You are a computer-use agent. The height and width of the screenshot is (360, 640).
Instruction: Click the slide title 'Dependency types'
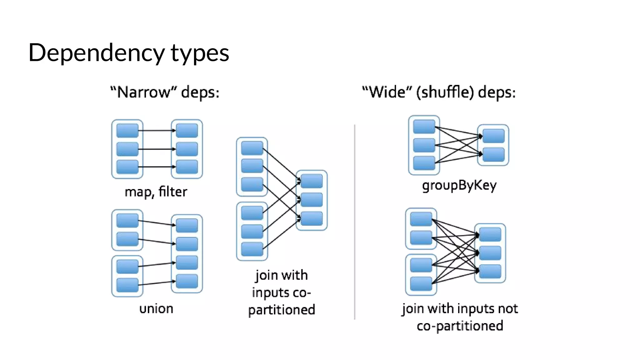pos(128,52)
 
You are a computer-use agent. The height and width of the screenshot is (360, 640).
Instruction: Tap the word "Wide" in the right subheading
pos(387,92)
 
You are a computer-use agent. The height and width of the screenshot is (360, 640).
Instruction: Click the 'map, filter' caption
pos(156,192)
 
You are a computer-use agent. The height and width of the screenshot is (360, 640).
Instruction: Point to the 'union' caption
pos(156,309)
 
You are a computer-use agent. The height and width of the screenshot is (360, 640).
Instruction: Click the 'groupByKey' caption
pos(459,185)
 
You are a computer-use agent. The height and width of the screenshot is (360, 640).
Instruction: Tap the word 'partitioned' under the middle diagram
pos(282,310)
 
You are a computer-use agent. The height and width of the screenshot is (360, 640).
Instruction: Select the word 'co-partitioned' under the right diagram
pos(460,326)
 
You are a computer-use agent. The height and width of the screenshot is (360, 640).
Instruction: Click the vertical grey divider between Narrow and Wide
pos(355,222)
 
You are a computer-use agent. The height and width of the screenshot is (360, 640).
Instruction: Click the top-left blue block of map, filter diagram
pos(127,130)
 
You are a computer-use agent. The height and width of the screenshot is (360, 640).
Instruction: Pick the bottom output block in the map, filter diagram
pos(187,167)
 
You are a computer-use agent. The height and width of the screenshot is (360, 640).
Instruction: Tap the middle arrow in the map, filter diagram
pos(155,149)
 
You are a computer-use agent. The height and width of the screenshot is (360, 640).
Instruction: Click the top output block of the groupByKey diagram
pos(493,136)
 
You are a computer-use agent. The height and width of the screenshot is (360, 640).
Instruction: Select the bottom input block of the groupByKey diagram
pos(424,163)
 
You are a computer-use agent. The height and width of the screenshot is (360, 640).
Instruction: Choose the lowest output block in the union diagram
pos(187,281)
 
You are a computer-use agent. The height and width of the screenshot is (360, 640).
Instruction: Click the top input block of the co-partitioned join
pos(252,148)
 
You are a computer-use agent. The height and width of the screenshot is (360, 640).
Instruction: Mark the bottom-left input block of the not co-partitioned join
pos(421,283)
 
